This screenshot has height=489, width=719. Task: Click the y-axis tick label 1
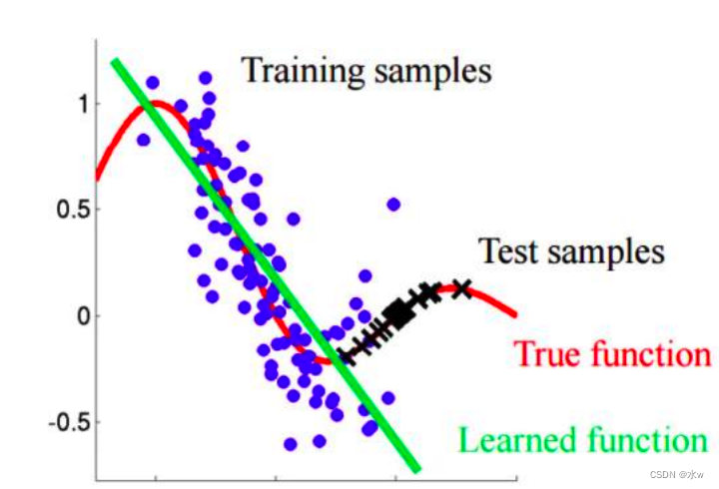click(x=83, y=104)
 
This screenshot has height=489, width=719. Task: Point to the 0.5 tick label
click(x=72, y=210)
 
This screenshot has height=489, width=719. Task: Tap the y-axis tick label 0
click(x=84, y=315)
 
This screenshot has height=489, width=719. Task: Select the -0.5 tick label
click(x=68, y=422)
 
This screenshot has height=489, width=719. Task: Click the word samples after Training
click(x=433, y=73)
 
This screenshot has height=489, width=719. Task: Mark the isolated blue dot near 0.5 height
click(x=393, y=205)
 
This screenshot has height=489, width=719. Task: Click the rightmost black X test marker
click(x=462, y=288)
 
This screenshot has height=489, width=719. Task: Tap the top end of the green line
click(x=115, y=60)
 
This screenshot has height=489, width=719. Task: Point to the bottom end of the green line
click(x=416, y=470)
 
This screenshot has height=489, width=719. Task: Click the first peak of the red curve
click(x=157, y=102)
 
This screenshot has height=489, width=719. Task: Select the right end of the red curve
click(x=515, y=314)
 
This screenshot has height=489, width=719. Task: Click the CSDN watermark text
click(x=676, y=474)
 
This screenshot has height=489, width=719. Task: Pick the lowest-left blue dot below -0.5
click(x=291, y=444)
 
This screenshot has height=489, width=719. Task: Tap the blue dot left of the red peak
click(x=144, y=140)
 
